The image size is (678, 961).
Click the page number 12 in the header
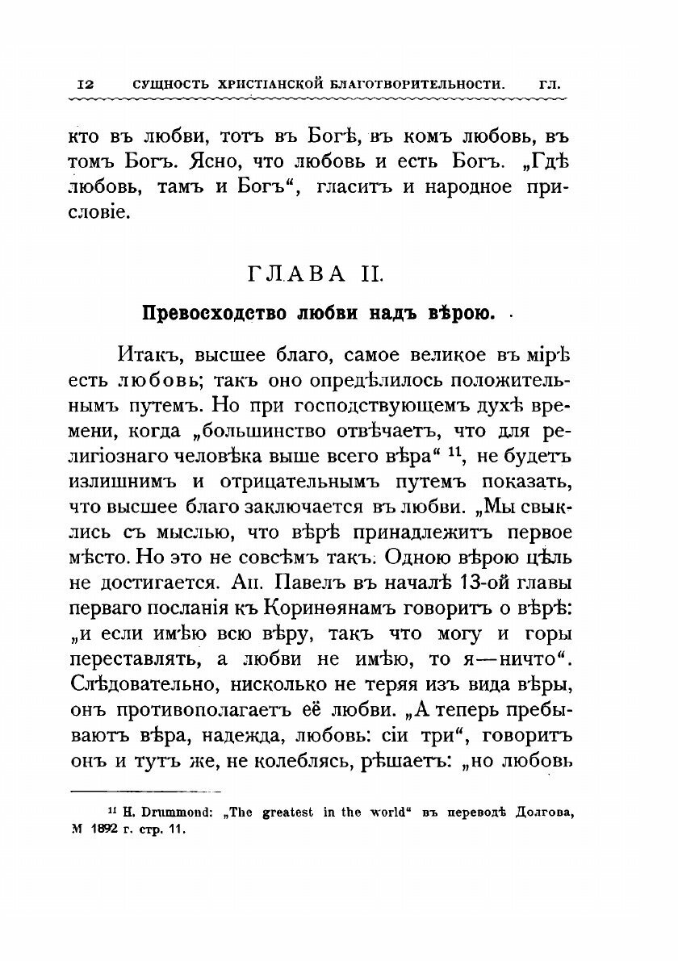[x=86, y=84]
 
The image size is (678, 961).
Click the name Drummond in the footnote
[x=165, y=814]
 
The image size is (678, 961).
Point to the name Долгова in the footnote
[x=539, y=814]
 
